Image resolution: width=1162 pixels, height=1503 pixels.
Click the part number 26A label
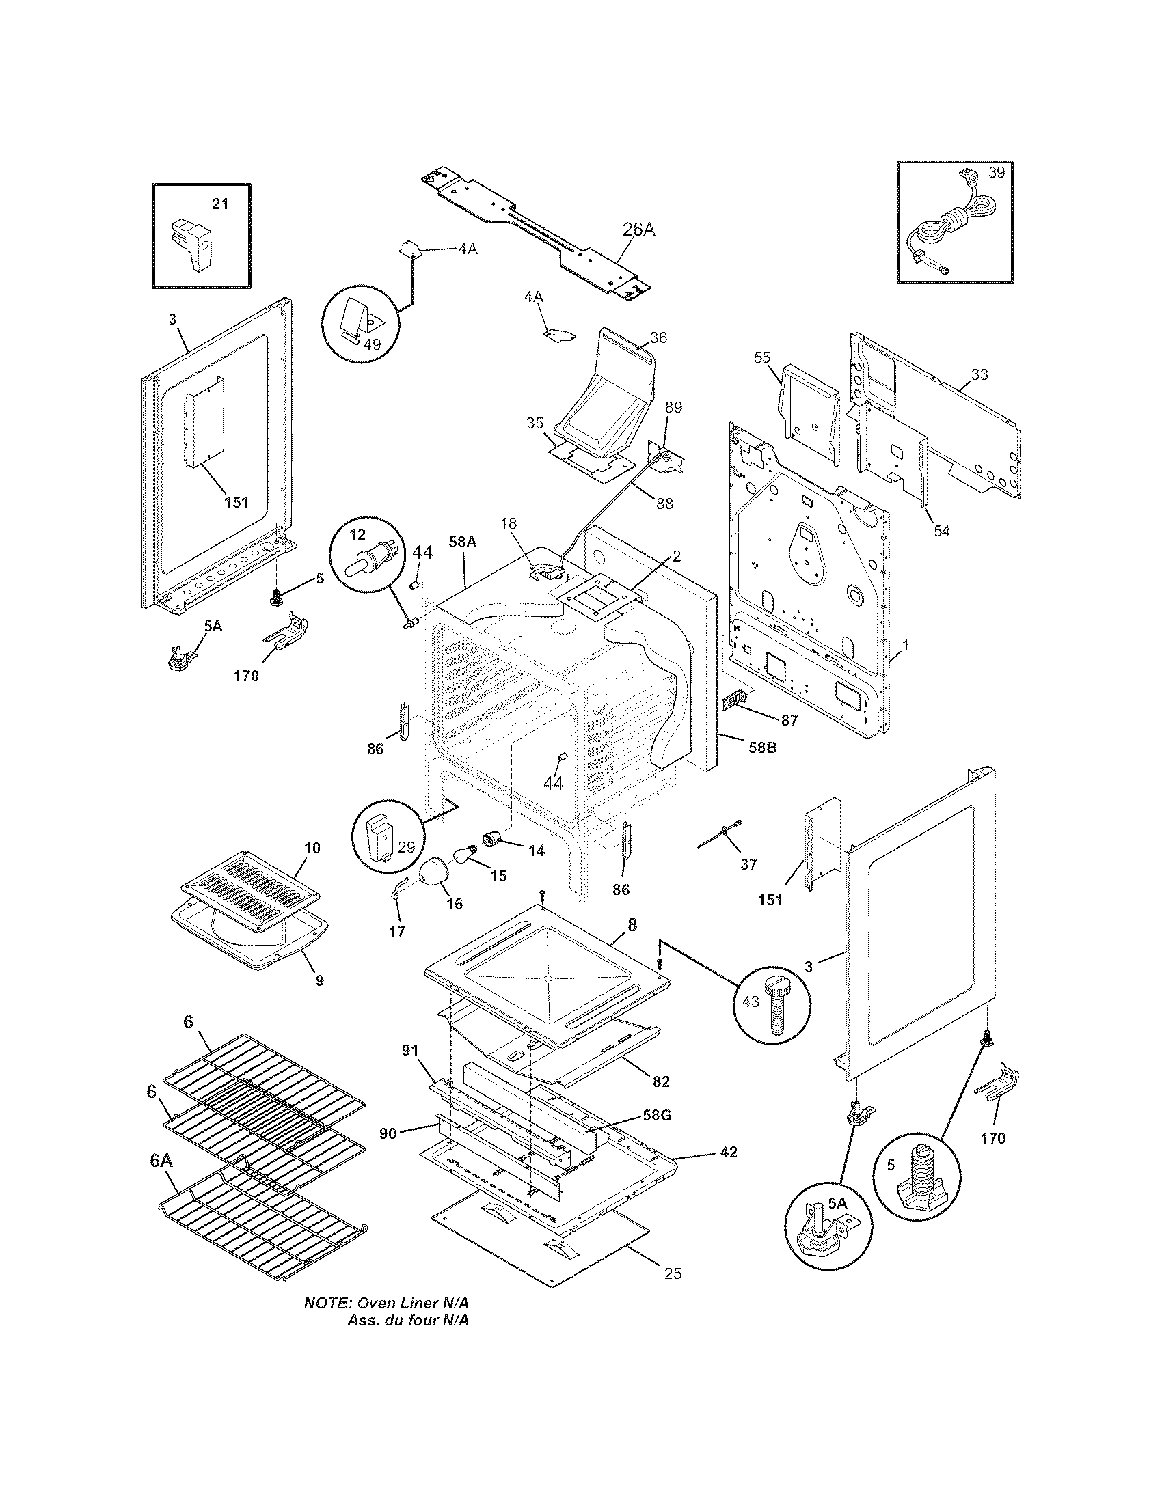click(639, 230)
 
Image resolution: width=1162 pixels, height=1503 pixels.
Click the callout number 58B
click(762, 747)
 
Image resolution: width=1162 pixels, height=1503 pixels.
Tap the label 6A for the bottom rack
click(161, 1161)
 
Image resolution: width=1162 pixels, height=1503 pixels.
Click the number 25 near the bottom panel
click(673, 1273)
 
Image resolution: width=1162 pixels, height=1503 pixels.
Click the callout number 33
click(979, 374)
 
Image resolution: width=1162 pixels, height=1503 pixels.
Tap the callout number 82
click(660, 1082)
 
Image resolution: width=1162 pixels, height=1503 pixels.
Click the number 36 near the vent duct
click(658, 338)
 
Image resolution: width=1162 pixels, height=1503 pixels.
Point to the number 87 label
click(789, 720)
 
